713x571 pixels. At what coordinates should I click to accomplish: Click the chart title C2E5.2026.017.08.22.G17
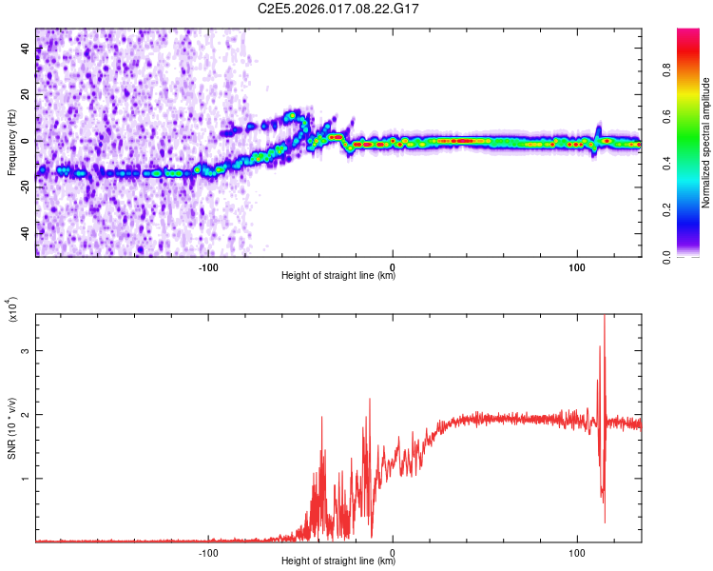tap(339, 9)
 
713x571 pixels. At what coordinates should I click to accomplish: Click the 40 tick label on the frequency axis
tap(26, 49)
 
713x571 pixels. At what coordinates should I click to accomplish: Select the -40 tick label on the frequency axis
tap(24, 233)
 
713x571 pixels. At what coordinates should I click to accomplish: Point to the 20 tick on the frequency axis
tap(26, 95)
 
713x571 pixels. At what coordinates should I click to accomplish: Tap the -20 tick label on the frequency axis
tap(24, 187)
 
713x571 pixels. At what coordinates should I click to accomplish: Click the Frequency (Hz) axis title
tap(10, 142)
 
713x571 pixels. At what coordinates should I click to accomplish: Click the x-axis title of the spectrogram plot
tap(338, 276)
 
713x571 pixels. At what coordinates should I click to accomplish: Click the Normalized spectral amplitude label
tap(705, 143)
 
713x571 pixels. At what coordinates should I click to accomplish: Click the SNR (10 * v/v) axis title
tap(11, 428)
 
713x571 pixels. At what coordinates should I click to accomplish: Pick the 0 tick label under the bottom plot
tap(393, 552)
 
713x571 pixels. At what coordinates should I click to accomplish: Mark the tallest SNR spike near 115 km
tap(605, 319)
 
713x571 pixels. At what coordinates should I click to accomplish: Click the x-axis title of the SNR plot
tap(338, 561)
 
